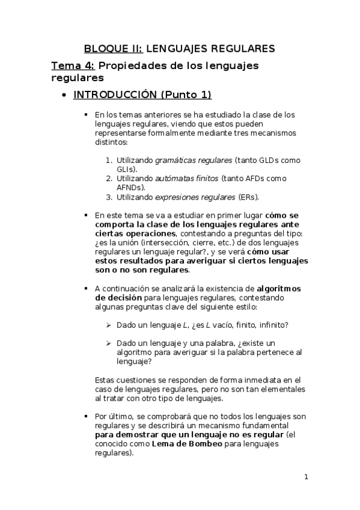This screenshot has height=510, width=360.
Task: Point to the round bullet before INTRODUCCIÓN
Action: (64, 96)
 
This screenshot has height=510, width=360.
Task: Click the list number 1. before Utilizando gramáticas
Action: (109, 161)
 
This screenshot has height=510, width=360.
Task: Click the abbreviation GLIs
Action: (126, 170)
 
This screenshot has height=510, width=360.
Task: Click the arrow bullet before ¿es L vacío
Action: (109, 325)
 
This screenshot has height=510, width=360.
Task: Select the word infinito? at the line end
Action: (271, 325)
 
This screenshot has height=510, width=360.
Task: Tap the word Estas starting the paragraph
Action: (106, 380)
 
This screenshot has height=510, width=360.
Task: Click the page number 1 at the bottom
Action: (306, 478)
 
